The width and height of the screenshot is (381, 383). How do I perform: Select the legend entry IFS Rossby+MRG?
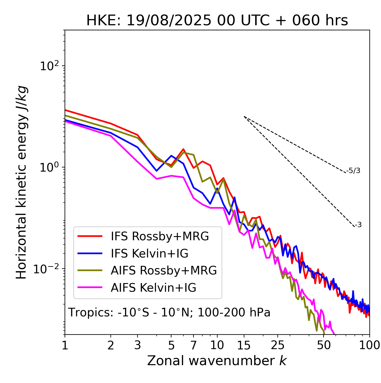(160, 236)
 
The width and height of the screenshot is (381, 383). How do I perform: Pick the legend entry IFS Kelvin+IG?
(149, 254)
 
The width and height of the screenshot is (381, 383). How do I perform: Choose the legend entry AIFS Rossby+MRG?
(164, 271)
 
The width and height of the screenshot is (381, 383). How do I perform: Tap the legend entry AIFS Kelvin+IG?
(153, 288)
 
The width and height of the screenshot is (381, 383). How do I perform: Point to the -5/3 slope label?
(353, 171)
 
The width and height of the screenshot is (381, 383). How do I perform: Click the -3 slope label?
(358, 225)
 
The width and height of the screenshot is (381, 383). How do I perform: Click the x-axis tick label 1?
(65, 345)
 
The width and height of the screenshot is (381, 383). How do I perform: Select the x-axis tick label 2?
(111, 345)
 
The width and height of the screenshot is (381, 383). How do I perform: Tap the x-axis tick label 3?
(138, 345)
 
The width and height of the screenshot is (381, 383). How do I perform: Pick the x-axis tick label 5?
(171, 345)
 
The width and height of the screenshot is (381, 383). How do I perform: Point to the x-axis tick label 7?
(193, 345)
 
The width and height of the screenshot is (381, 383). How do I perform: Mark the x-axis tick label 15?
(244, 345)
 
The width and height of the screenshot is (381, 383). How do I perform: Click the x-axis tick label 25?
(278, 345)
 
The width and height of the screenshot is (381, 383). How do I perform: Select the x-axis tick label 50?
(324, 345)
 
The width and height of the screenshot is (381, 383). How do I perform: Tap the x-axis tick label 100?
(369, 345)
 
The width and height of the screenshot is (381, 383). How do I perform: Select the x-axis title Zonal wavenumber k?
(217, 361)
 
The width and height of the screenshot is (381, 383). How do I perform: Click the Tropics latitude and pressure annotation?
(169, 313)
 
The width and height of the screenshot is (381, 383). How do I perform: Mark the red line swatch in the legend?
(90, 236)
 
